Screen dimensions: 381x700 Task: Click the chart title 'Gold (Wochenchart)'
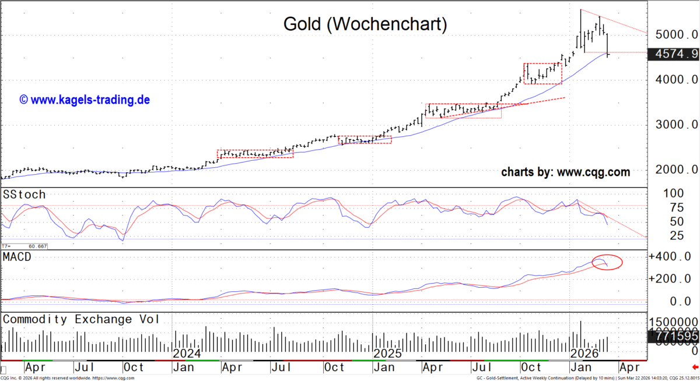pos(365,24)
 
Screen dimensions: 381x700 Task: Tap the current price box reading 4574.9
pos(675,54)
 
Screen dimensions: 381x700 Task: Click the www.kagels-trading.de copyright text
pos(85,100)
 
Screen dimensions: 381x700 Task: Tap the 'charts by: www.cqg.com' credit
pos(565,172)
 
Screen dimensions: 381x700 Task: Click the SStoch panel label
pos(24,195)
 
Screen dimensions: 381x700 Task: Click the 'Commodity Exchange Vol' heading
pos(81,319)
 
